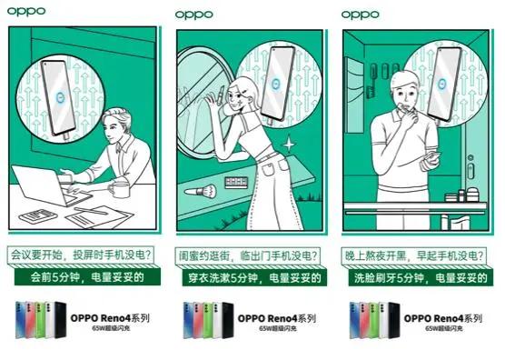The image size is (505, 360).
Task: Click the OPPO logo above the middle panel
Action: [x=193, y=15]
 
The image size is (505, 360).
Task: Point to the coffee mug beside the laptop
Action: [x=119, y=187]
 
